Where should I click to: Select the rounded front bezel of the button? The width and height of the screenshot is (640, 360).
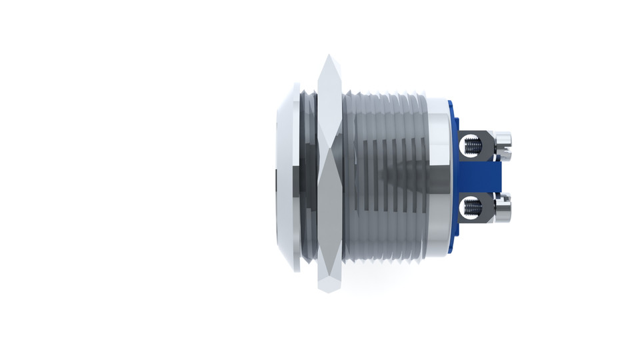[288, 177]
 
